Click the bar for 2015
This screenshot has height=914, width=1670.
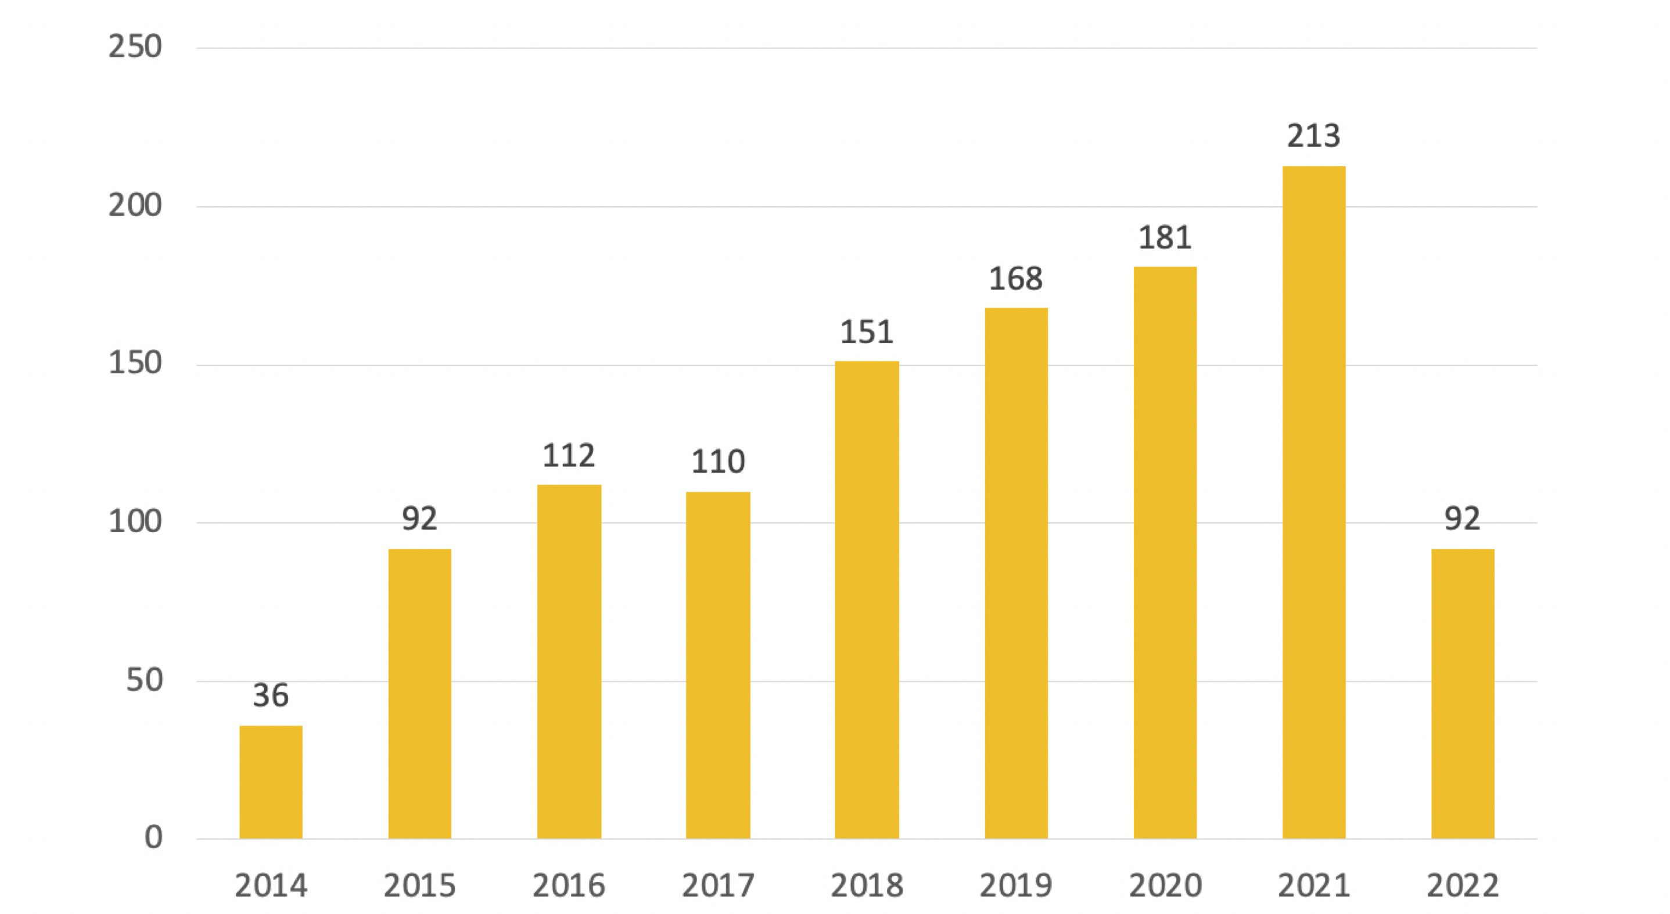419,694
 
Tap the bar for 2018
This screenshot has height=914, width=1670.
867,599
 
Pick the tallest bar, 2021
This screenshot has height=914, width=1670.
1313,502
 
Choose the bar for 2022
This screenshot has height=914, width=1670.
1463,694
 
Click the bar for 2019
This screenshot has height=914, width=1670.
1016,573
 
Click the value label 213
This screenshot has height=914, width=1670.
1313,136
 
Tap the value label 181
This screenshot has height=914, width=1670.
1165,238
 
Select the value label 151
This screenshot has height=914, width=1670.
867,332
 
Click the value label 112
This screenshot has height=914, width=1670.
569,455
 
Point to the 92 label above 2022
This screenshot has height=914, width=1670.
1463,518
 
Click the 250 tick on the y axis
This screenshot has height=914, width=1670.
135,47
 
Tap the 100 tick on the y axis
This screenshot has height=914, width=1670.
135,522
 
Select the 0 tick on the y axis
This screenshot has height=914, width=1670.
154,837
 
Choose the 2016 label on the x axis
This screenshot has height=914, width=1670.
569,886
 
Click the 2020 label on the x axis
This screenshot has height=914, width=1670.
1165,886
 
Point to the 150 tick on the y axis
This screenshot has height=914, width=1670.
135,363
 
